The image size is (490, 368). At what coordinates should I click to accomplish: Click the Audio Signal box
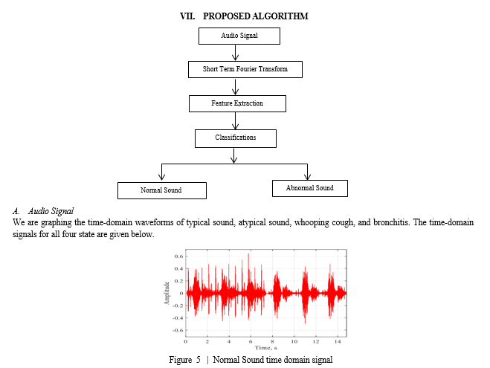click(239, 36)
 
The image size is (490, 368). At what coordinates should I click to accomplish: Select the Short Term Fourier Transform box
click(245, 69)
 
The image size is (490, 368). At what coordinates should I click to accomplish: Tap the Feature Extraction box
click(237, 103)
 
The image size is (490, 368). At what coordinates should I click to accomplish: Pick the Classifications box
click(236, 138)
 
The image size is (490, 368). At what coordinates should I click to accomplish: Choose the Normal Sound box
click(162, 190)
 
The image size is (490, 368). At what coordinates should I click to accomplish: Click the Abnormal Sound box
click(310, 188)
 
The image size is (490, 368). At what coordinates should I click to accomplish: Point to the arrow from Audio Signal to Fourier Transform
click(235, 53)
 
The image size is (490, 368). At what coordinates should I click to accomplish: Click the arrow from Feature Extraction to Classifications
click(235, 120)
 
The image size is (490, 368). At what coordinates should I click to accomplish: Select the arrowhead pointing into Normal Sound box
click(161, 177)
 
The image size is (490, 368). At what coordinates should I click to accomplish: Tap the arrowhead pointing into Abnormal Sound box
click(308, 176)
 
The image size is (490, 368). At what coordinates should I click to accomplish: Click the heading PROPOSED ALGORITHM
click(256, 16)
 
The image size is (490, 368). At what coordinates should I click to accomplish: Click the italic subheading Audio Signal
click(51, 211)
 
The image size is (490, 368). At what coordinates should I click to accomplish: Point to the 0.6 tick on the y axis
click(179, 256)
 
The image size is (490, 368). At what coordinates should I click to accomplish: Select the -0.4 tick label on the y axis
click(178, 318)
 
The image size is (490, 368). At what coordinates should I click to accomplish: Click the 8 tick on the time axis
click(272, 341)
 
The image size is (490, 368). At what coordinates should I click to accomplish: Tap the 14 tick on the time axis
click(338, 341)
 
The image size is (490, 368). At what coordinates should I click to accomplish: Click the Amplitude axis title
click(167, 293)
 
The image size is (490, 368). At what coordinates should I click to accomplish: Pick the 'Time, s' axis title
click(266, 348)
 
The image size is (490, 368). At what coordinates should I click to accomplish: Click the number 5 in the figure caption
click(199, 360)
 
